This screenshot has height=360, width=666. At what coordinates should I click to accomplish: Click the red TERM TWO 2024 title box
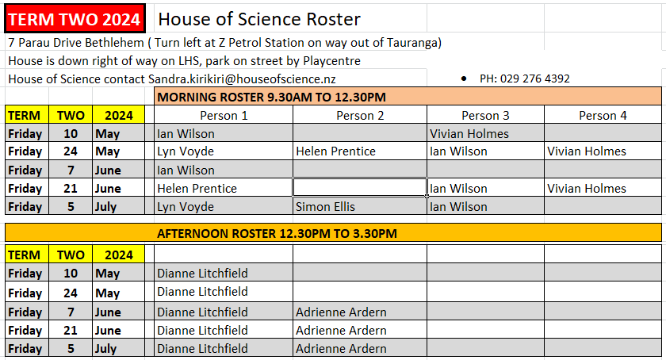(x=75, y=18)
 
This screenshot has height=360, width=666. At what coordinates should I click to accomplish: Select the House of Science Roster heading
(x=259, y=19)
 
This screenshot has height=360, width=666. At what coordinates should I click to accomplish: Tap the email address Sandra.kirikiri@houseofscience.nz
(x=242, y=79)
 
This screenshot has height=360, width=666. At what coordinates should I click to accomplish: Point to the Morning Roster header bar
(x=408, y=97)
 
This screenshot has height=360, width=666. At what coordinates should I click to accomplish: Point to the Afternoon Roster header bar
(x=334, y=233)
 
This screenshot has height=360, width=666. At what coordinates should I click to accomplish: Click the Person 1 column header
(x=224, y=116)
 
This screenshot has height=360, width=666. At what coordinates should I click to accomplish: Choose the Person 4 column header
(x=603, y=116)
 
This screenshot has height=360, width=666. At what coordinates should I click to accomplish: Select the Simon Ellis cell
(x=325, y=207)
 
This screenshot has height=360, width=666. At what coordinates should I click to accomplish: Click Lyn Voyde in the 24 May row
(x=186, y=151)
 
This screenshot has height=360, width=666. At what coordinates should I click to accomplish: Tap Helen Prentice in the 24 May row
(x=335, y=151)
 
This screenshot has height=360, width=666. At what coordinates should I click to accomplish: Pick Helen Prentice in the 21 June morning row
(x=197, y=188)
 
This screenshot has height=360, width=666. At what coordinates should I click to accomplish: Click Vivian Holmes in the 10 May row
(x=469, y=133)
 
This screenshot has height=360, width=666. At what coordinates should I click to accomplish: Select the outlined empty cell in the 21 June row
(x=360, y=187)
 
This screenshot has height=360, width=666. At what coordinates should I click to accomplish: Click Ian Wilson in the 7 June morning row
(x=186, y=170)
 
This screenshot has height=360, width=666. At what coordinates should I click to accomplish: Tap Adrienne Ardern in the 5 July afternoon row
(x=341, y=349)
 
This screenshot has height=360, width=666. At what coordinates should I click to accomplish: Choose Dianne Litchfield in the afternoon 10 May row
(x=202, y=273)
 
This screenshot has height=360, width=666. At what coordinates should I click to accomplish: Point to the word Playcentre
(x=331, y=61)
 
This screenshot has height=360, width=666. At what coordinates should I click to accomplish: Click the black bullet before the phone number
(x=464, y=79)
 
